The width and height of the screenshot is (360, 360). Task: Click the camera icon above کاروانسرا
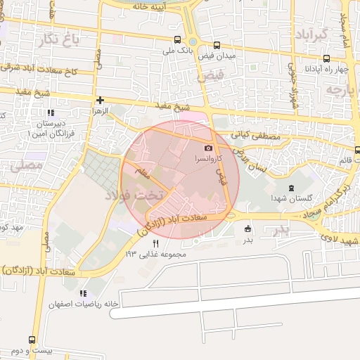(x=208, y=148)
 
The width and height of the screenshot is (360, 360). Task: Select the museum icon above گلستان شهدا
(x=292, y=188)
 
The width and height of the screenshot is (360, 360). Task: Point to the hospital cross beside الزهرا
(x=101, y=101)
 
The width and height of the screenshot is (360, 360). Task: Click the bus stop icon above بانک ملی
(x=177, y=40)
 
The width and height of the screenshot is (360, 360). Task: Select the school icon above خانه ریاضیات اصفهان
(x=83, y=293)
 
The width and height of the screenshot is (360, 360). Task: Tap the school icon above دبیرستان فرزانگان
(x=50, y=112)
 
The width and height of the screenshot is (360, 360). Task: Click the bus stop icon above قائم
(x=357, y=149)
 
